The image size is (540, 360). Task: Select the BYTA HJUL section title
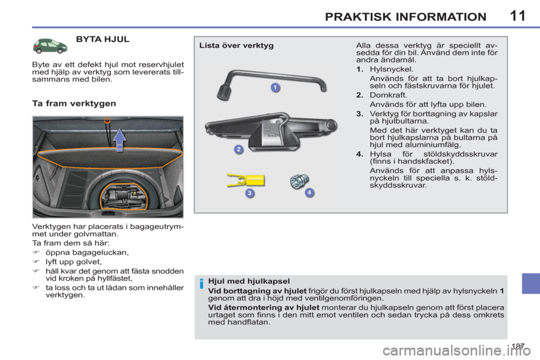pyautogui.click(x=102, y=40)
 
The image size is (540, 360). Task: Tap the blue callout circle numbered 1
pyautogui.click(x=275, y=88)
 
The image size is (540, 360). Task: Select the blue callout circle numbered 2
pyautogui.click(x=238, y=149)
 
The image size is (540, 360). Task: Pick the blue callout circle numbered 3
pyautogui.click(x=250, y=193)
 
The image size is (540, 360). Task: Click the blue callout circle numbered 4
pyautogui.click(x=309, y=193)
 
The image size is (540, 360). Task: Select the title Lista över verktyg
pyautogui.click(x=236, y=46)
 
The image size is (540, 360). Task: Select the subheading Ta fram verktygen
pyautogui.click(x=74, y=103)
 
